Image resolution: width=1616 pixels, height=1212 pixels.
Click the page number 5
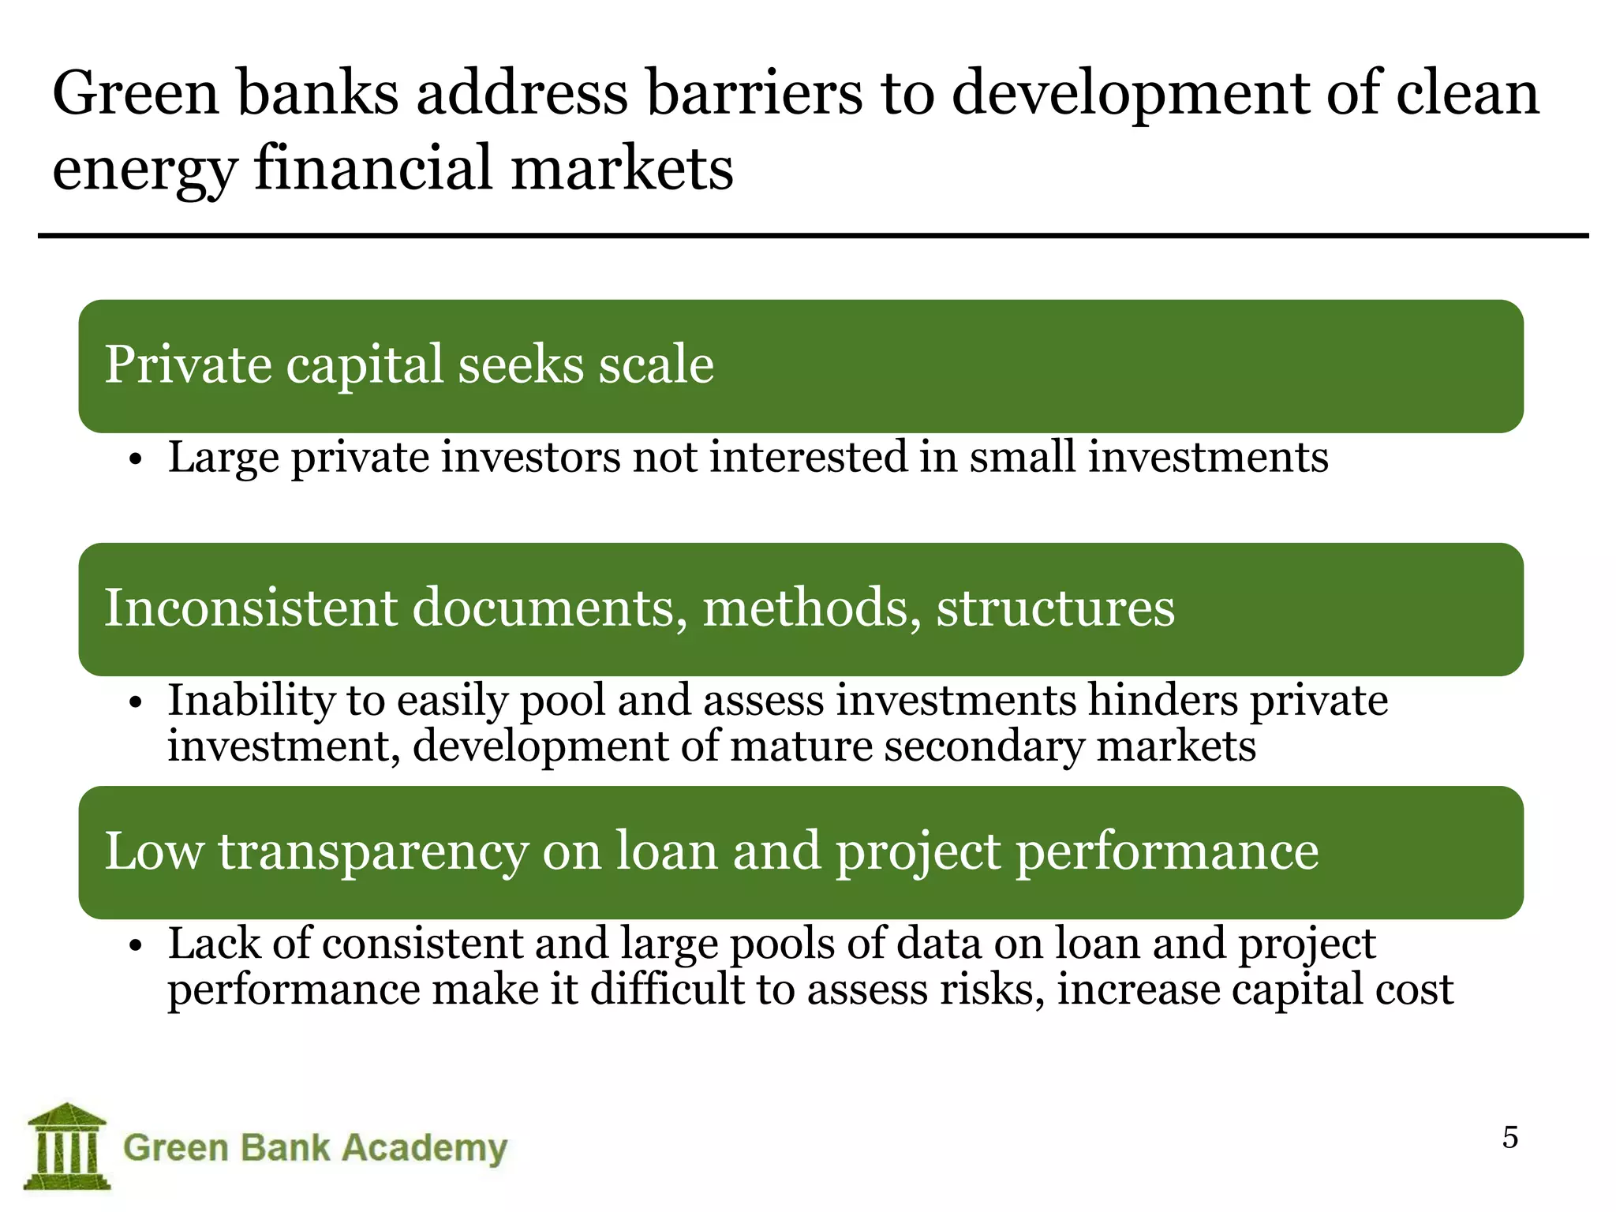[x=1509, y=1138]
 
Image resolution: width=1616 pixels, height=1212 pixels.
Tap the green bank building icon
[x=67, y=1146]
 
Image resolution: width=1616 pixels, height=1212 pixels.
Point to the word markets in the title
[x=622, y=169]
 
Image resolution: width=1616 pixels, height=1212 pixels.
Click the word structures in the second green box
[x=1055, y=608]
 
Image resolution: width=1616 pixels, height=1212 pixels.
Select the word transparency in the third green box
[x=373, y=851]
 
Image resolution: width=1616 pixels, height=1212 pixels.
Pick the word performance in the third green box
[x=1167, y=851]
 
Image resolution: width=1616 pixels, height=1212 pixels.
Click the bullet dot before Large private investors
[x=136, y=460]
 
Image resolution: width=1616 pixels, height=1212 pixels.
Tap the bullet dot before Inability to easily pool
[x=136, y=703]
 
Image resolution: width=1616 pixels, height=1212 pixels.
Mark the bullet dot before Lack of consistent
[x=136, y=946]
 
